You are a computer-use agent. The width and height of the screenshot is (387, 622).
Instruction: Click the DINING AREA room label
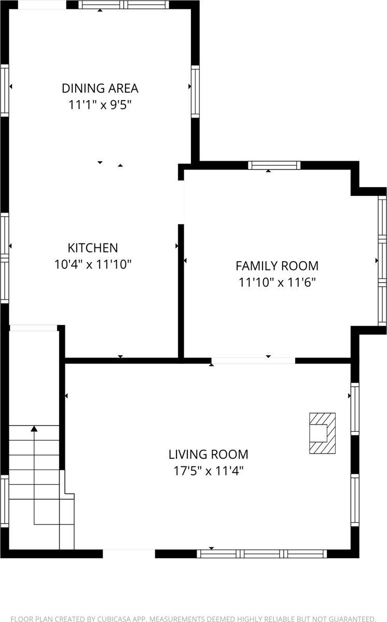point(100,88)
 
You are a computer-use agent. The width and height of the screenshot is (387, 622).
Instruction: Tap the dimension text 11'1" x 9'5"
point(100,105)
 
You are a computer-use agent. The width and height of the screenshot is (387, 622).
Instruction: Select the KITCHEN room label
point(93,248)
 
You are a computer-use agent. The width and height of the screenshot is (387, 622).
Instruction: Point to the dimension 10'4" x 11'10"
point(93,264)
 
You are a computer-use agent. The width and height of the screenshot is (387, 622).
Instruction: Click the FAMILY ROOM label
point(277,266)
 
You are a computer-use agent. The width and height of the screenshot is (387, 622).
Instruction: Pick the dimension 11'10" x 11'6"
point(277,282)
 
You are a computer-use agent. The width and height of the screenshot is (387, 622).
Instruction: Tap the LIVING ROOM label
point(208,455)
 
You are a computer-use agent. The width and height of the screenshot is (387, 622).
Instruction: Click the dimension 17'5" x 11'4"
point(208,471)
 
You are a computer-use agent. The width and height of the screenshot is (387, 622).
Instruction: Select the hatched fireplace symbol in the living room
point(322,433)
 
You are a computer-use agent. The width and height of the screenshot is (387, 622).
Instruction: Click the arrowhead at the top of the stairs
point(34,429)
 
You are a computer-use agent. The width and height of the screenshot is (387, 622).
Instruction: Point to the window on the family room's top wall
point(274,165)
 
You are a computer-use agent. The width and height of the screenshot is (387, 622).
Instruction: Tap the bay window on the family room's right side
point(382,260)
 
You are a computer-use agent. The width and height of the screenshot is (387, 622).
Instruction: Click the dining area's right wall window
point(195,91)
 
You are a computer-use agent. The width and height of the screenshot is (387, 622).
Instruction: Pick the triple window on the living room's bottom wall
point(262,554)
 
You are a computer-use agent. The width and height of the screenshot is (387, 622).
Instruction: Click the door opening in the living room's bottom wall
point(129,553)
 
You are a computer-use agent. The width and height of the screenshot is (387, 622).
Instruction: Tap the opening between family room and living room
point(253,360)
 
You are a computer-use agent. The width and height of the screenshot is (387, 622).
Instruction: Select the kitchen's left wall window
point(5,258)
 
